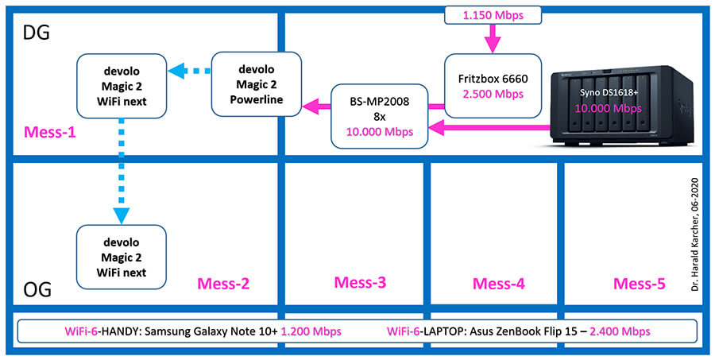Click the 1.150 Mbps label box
pos(493,16)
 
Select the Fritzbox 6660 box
pos(493,87)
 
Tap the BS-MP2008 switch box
pos(380,116)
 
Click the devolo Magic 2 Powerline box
pos(257,83)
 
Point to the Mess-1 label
pos(50,133)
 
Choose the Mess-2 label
pos(223,284)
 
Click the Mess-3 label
pos(360,282)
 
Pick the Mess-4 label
pos(498,284)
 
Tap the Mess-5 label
pos(639,284)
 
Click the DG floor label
pos(36,33)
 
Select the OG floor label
pos(36,289)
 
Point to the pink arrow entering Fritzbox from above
pos(493,39)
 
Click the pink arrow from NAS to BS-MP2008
pos(489,128)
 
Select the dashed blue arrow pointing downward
pos(121,172)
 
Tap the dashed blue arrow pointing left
pos(189,72)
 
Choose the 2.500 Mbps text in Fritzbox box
pos(493,95)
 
